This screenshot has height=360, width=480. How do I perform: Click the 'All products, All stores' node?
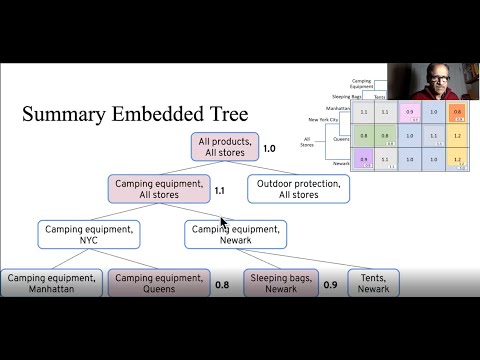(225, 148)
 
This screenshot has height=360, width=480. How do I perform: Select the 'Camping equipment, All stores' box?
(160, 189)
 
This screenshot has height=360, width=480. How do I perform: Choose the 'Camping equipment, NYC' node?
(89, 235)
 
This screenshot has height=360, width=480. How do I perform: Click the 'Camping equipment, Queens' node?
(159, 283)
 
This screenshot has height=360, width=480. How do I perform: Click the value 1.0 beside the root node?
(269, 149)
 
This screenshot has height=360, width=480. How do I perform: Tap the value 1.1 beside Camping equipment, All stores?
(220, 189)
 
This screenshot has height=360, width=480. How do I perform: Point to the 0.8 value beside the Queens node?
(222, 285)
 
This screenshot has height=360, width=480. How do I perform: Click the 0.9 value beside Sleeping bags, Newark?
(330, 285)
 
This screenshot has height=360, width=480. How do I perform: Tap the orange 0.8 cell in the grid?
(456, 113)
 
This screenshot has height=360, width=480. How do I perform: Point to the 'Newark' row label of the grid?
(340, 164)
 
